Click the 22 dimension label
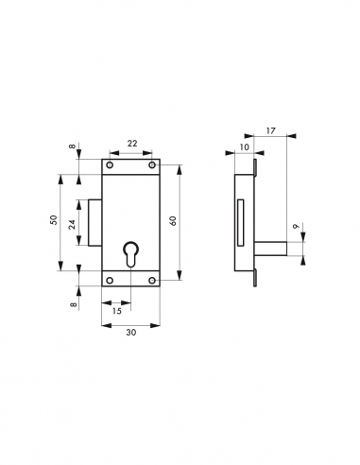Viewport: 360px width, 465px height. [x=131, y=143]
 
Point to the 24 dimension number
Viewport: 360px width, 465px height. [x=73, y=223]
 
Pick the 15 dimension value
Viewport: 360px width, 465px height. [x=116, y=310]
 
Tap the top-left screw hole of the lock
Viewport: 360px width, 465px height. [x=111, y=167]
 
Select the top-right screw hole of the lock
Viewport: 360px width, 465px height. [x=151, y=167]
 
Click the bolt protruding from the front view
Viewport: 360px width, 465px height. [x=95, y=223]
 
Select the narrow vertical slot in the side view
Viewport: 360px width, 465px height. [x=243, y=218]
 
